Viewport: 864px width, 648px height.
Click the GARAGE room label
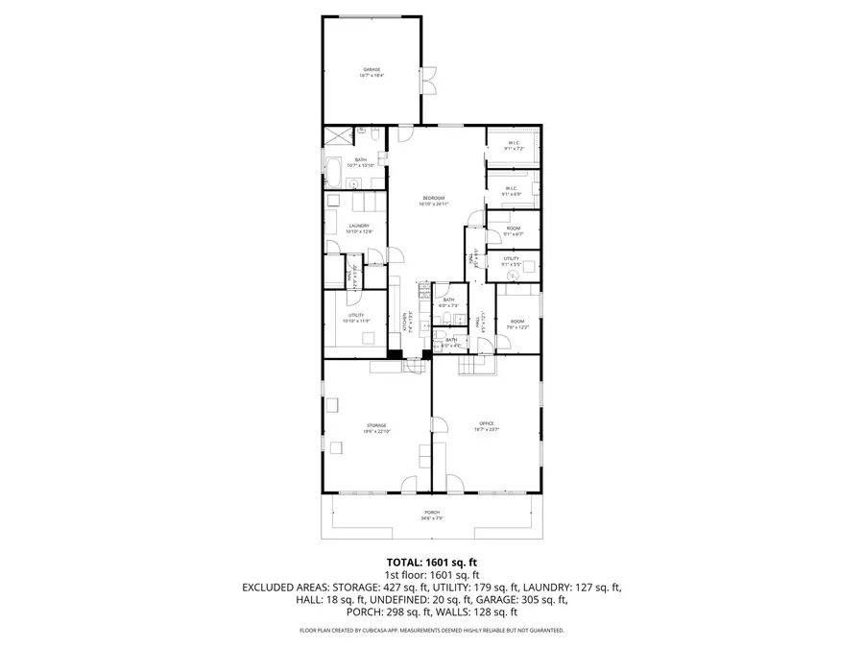click(372, 72)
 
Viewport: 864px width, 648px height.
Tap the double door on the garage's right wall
click(430, 81)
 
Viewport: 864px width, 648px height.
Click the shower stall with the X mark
click(335, 135)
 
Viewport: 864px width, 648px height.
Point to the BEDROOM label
click(434, 200)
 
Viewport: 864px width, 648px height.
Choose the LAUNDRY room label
click(359, 228)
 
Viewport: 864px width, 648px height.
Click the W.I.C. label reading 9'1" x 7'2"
click(514, 147)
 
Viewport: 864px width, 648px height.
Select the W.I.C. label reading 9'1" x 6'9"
click(514, 190)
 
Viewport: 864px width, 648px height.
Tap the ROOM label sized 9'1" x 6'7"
click(514, 230)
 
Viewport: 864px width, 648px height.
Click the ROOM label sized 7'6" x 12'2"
click(517, 324)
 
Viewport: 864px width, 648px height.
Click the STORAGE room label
click(375, 427)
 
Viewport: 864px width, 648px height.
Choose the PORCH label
click(432, 516)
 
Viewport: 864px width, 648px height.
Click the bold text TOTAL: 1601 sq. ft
click(432, 562)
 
